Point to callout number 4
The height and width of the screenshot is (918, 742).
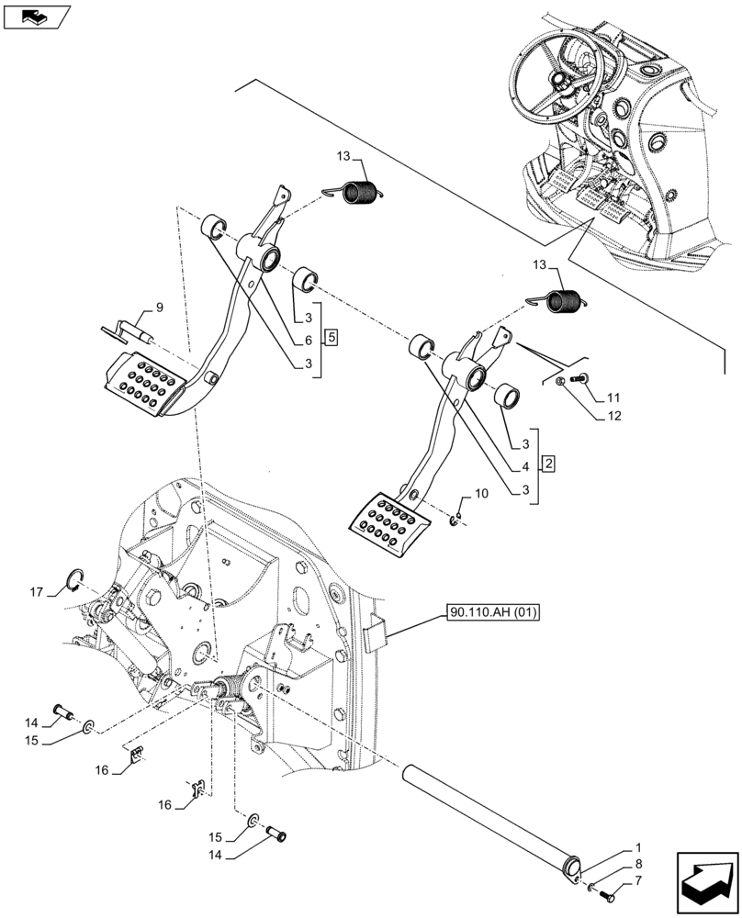526,467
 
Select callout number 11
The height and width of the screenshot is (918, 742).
613,398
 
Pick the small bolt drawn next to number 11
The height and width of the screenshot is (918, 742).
580,378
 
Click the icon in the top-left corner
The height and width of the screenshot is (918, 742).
36,16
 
